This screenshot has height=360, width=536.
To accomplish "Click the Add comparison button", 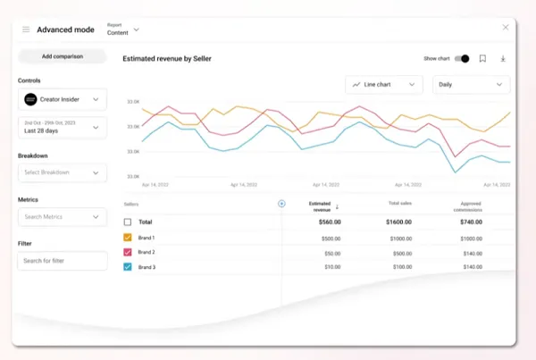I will pyautogui.click(x=62, y=56).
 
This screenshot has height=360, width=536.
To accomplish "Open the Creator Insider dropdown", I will pyautogui.click(x=62, y=99).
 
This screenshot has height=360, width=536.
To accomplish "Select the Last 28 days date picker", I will pyautogui.click(x=62, y=128).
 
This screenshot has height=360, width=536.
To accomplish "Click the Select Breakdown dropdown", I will pyautogui.click(x=62, y=172).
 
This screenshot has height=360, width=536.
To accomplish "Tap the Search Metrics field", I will pyautogui.click(x=62, y=216).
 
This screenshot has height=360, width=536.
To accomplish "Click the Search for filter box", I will pyautogui.click(x=62, y=260).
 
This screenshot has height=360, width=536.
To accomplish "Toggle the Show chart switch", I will pyautogui.click(x=462, y=59).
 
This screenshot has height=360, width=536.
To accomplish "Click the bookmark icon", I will pyautogui.click(x=482, y=59).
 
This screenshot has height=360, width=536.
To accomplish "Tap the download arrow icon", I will pyautogui.click(x=503, y=59).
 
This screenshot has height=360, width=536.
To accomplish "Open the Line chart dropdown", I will pyautogui.click(x=384, y=85).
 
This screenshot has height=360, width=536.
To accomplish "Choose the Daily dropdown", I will pyautogui.click(x=471, y=85).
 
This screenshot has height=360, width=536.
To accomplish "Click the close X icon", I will pyautogui.click(x=506, y=28).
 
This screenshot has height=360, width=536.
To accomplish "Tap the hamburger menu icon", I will pyautogui.click(x=26, y=29).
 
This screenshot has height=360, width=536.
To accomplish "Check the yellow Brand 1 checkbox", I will pyautogui.click(x=128, y=238).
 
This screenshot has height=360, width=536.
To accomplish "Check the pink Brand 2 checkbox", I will pyautogui.click(x=128, y=253).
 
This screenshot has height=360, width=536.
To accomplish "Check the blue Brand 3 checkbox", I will pyautogui.click(x=128, y=267).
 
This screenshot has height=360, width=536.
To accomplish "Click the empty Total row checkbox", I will pyautogui.click(x=128, y=222).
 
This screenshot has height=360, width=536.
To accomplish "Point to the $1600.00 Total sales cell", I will pyautogui.click(x=399, y=222).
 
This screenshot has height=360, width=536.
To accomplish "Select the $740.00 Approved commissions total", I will pyautogui.click(x=472, y=222).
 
